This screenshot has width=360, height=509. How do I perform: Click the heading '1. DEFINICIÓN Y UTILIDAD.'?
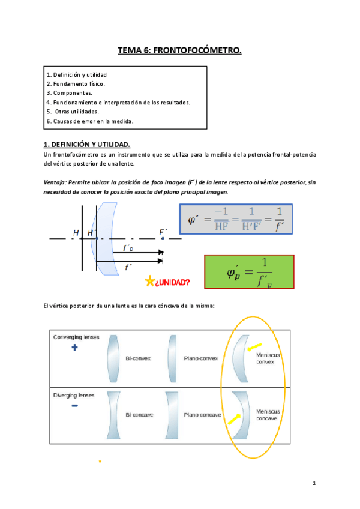coord(87,145)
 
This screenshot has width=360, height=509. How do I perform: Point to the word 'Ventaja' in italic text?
coord(55,182)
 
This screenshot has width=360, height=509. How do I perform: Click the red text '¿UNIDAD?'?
coord(173,282)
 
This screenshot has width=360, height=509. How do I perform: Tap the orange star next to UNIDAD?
coord(149,282)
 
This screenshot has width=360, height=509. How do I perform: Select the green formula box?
coord(248,273)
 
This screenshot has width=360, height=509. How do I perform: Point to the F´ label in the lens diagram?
coord(163,232)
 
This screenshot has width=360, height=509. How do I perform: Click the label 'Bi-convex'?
coord(138,359)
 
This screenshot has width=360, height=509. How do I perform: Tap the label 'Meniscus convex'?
coord(268,360)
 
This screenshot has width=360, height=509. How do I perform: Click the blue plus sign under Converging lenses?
coord(74,348)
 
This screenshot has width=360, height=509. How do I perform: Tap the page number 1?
coord(314,483)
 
